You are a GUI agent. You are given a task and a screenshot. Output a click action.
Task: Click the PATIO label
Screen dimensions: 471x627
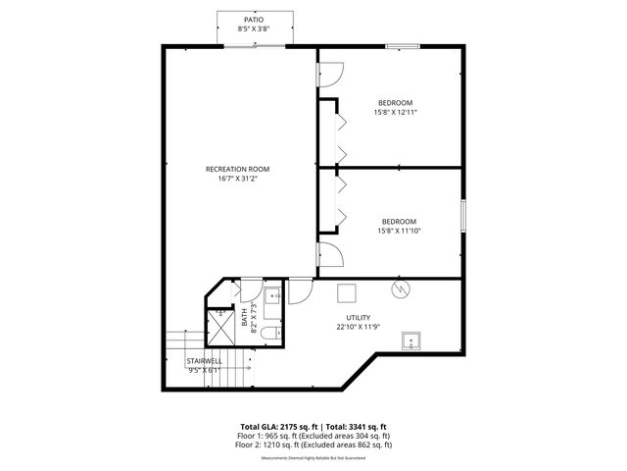pyautogui.click(x=253, y=19)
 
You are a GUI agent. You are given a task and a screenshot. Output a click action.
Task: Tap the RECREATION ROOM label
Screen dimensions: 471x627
pyautogui.click(x=237, y=169)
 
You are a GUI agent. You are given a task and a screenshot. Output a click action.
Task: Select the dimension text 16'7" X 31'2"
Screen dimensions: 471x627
pyautogui.click(x=237, y=179)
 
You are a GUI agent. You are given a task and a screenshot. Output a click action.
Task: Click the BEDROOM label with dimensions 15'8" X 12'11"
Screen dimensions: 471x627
pyautogui.click(x=395, y=102)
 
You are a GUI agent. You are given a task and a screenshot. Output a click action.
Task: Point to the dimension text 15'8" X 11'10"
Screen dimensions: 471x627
pyautogui.click(x=399, y=231)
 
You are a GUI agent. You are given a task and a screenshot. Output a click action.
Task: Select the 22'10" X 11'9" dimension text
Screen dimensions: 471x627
pyautogui.click(x=358, y=327)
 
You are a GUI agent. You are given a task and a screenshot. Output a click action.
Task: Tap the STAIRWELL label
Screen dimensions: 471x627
pyautogui.click(x=205, y=361)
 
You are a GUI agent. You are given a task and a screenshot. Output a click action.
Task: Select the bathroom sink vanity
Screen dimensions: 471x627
pyautogui.click(x=271, y=293)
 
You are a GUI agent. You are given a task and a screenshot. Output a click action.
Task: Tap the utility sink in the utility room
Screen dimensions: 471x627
pyautogui.click(x=411, y=340)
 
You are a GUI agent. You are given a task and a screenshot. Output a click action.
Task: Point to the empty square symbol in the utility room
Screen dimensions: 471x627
pyautogui.click(x=346, y=292)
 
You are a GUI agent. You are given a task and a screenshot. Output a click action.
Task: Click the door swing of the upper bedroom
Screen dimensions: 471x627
pyautogui.click(x=330, y=75)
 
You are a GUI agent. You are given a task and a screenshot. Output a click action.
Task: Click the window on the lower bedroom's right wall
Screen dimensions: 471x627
pyautogui.click(x=462, y=216)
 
